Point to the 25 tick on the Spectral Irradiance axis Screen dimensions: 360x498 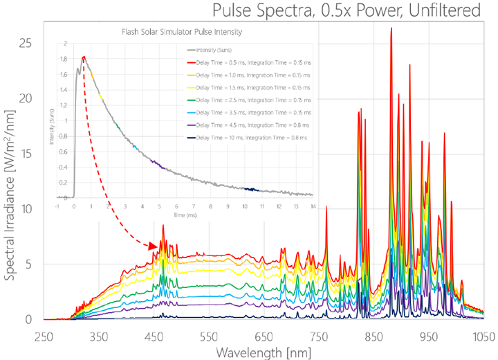coord(26,43)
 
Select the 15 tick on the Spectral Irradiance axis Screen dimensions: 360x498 coord(26,154)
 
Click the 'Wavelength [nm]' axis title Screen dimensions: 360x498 coord(262,352)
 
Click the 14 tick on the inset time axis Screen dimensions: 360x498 coord(313,206)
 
